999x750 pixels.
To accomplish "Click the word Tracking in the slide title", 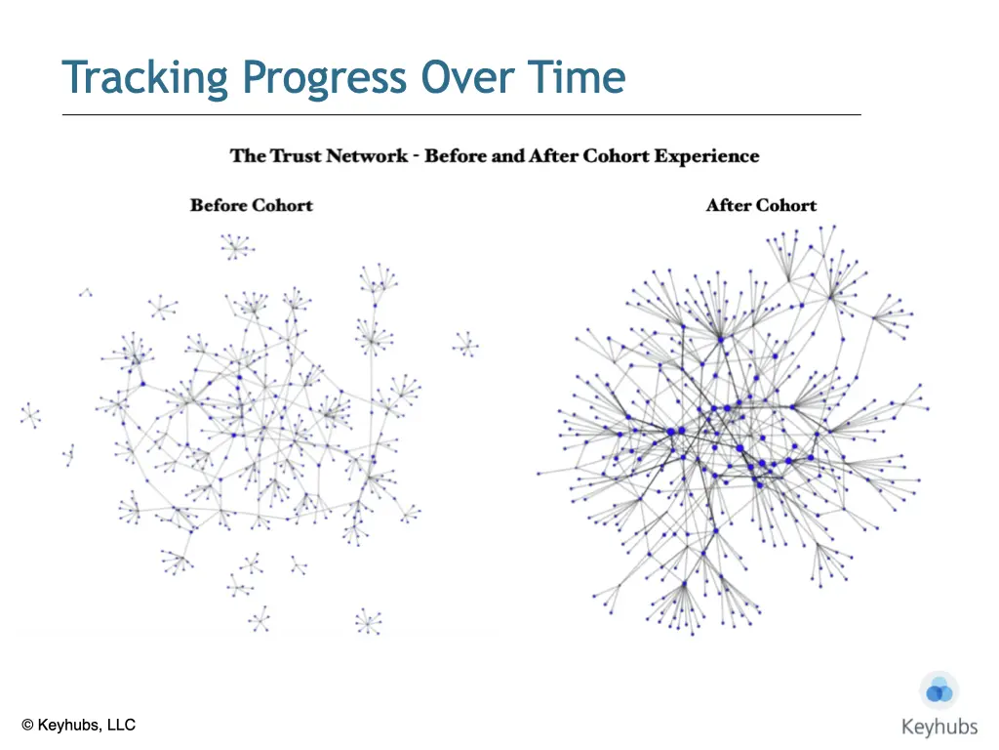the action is (x=144, y=78).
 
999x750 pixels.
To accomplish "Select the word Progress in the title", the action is (x=325, y=79).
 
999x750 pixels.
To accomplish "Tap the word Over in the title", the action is (x=467, y=77).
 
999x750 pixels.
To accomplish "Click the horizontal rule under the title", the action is (x=461, y=115).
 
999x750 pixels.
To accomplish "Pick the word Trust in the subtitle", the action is (x=294, y=155).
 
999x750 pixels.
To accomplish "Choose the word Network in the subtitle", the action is (x=365, y=155).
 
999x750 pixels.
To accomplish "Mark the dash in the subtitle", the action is (x=416, y=157).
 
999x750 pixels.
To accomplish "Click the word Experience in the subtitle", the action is (x=706, y=157).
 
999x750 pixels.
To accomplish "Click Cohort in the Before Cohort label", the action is (x=282, y=205).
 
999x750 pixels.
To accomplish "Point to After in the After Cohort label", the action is (x=728, y=205).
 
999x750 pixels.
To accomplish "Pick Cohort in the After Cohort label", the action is (x=785, y=205).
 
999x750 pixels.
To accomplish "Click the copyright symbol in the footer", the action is (x=27, y=726).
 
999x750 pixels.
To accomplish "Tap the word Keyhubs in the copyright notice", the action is (x=69, y=726).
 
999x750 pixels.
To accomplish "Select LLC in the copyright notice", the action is (x=121, y=726).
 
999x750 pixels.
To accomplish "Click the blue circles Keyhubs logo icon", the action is (x=939, y=690).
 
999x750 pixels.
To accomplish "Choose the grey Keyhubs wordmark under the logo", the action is (x=939, y=727).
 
